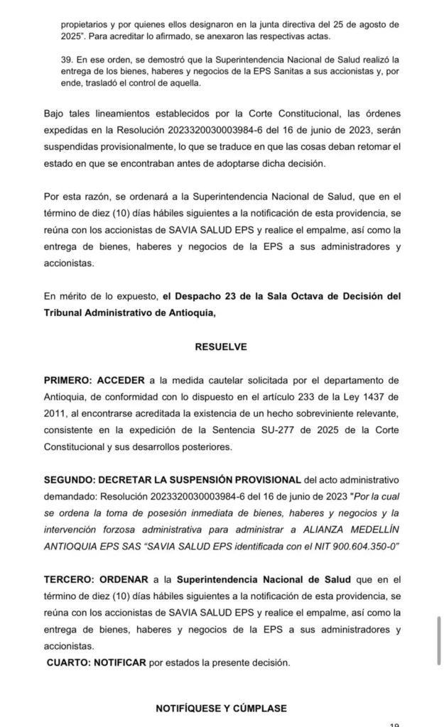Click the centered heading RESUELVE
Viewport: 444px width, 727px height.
221,347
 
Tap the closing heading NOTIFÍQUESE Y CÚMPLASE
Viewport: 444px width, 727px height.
221,708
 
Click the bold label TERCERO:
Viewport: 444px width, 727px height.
69,579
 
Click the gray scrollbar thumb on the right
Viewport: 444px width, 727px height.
439,639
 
